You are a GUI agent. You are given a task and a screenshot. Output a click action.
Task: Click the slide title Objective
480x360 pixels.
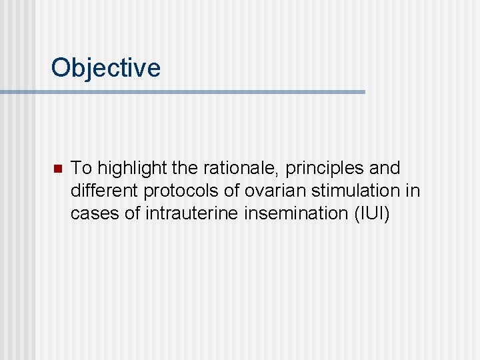point(105,68)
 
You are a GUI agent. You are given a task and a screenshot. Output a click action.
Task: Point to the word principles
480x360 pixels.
point(317,168)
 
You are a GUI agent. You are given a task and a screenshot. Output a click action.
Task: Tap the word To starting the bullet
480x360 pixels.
point(81,168)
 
